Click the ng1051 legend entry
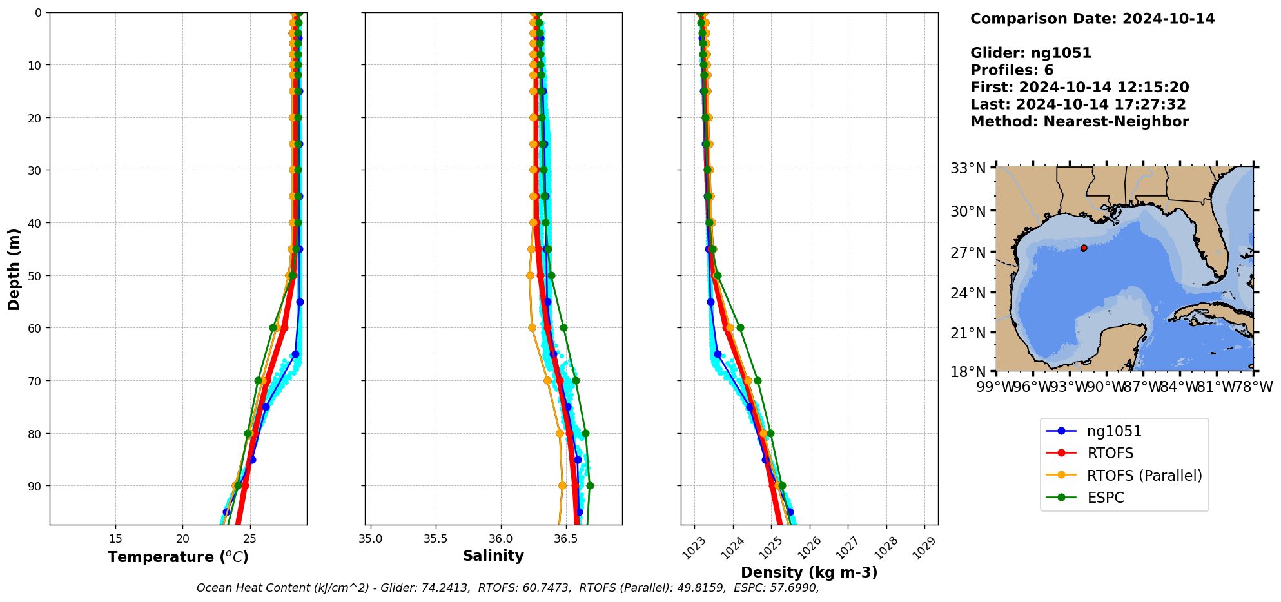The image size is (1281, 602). [1113, 431]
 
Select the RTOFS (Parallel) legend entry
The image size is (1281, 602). [1144, 476]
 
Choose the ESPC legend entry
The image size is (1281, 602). [1105, 498]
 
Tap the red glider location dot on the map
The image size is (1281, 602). [1084, 248]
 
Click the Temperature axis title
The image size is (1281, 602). [178, 557]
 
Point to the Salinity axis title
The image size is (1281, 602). [493, 556]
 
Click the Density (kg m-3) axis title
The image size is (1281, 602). [809, 572]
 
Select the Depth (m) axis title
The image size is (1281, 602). [14, 269]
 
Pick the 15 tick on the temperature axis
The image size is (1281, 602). [116, 539]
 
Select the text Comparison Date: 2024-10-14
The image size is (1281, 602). [1092, 19]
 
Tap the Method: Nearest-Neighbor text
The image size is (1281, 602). [1079, 122]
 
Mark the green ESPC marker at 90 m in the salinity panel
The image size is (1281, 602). [590, 486]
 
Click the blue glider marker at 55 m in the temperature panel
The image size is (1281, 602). [300, 302]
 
